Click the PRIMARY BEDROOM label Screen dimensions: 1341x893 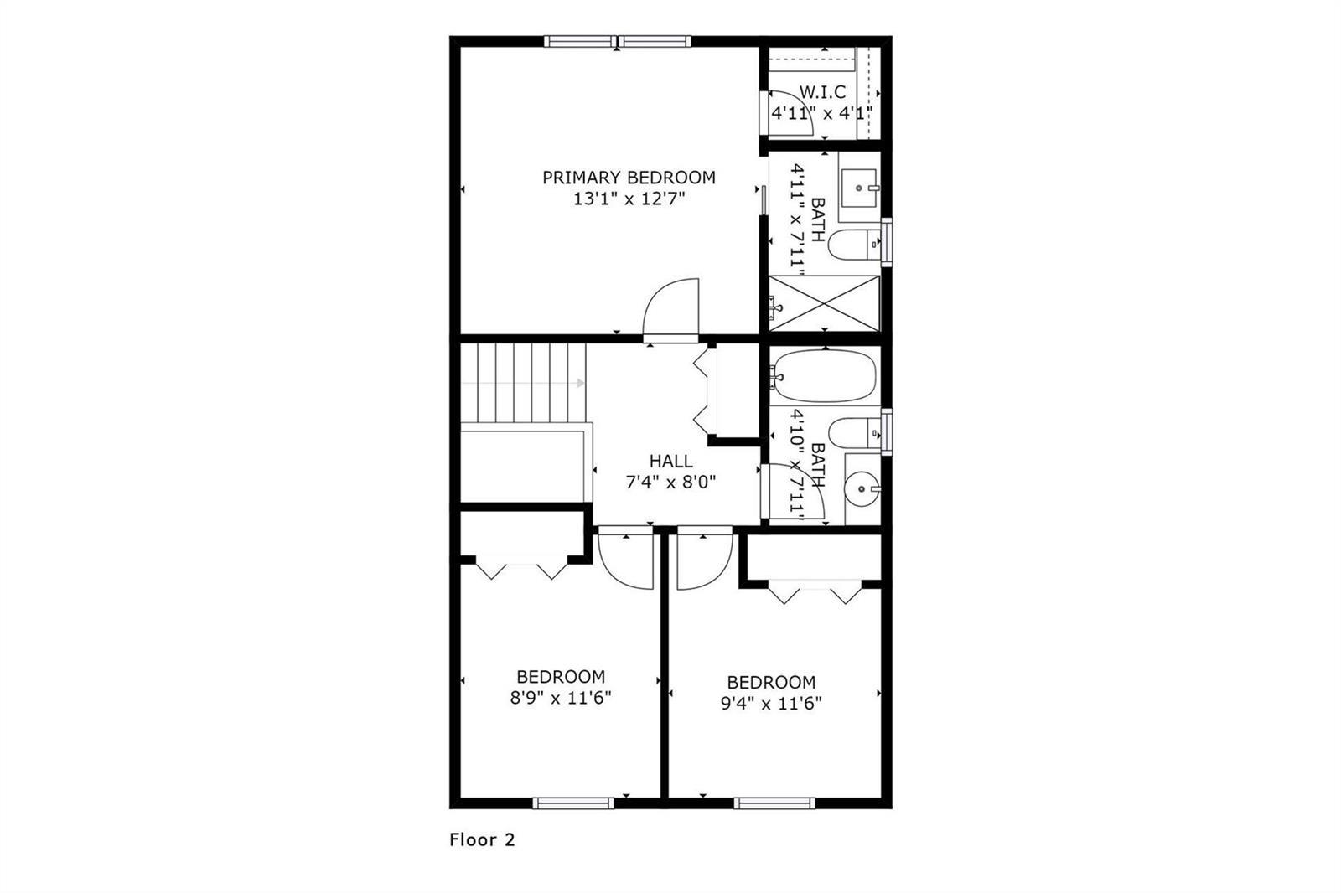click(x=629, y=178)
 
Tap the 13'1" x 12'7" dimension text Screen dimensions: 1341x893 click(x=629, y=199)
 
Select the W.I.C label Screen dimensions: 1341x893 click(x=822, y=92)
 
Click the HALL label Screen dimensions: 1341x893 click(x=671, y=461)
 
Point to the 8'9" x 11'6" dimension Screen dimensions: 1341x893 click(x=561, y=698)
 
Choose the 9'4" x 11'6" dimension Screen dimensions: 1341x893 click(x=771, y=704)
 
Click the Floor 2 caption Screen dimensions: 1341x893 click(x=482, y=839)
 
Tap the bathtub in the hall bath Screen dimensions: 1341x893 click(x=824, y=376)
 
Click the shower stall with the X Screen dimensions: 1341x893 click(x=825, y=303)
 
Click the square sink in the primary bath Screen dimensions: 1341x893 click(x=859, y=188)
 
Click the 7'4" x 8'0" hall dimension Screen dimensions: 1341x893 click(x=671, y=482)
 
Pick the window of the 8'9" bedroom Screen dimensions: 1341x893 click(x=573, y=803)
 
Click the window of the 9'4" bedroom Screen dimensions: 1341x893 click(x=774, y=803)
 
